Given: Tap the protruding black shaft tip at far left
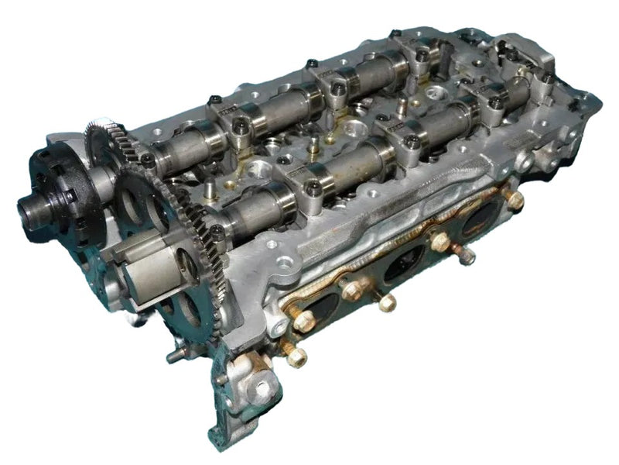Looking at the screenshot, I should (26, 208).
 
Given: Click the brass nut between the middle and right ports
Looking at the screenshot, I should (442, 241).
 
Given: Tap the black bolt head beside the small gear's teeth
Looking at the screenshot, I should (147, 159).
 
